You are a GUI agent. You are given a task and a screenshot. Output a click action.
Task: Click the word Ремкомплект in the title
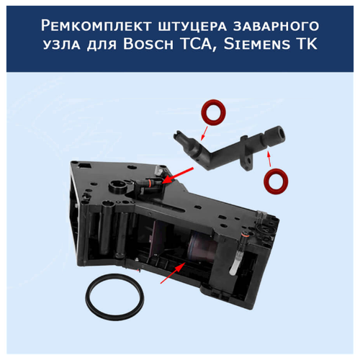click(96, 26)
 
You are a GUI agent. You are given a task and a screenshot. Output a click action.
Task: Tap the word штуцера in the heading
click(192, 27)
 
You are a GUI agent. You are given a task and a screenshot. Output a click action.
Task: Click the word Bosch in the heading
click(148, 44)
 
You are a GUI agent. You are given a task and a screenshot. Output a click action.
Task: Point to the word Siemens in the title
click(257, 44)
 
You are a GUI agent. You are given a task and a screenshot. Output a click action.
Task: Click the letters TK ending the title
click(307, 44)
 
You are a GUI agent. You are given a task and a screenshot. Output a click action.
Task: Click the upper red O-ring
click(213, 112)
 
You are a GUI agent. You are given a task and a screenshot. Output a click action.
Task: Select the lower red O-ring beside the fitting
click(276, 181)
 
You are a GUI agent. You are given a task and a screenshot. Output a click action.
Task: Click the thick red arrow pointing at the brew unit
click(178, 176)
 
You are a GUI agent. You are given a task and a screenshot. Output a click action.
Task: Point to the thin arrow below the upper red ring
click(204, 133)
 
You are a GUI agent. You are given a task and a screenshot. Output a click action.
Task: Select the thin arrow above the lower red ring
click(269, 159)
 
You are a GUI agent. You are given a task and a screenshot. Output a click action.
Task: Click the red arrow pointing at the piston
click(173, 273)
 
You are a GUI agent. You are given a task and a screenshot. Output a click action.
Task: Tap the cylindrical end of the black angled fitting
click(276, 136)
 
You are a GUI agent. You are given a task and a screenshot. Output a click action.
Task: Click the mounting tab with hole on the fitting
click(247, 161)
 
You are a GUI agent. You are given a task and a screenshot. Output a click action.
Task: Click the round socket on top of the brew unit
click(119, 186)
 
